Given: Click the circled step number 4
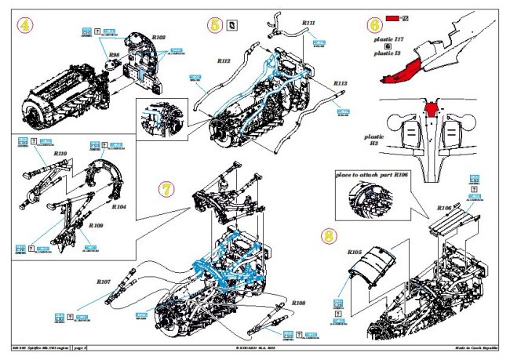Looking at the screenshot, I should (x=25, y=26).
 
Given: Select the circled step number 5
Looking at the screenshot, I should (x=214, y=25).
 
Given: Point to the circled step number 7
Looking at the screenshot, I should (x=165, y=190).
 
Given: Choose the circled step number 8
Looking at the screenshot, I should (x=330, y=235).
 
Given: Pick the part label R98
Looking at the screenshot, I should (x=114, y=54).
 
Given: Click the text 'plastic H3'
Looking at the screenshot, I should (x=374, y=141).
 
